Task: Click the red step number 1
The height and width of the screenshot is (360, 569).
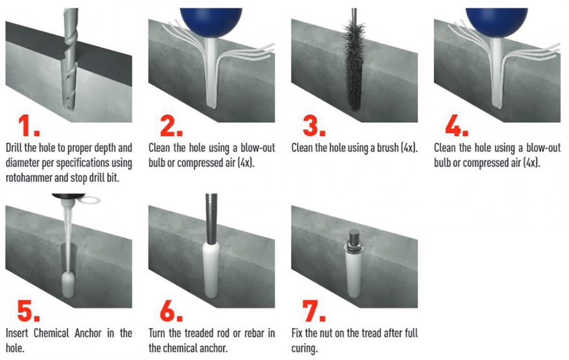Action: [x=28, y=125]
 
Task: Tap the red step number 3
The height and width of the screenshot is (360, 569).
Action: [x=314, y=125]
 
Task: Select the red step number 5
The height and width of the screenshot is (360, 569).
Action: [x=28, y=311]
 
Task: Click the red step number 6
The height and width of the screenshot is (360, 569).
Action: [x=171, y=311]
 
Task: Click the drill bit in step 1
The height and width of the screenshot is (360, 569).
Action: [x=70, y=58]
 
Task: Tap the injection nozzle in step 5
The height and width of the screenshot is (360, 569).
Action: [x=68, y=232]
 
